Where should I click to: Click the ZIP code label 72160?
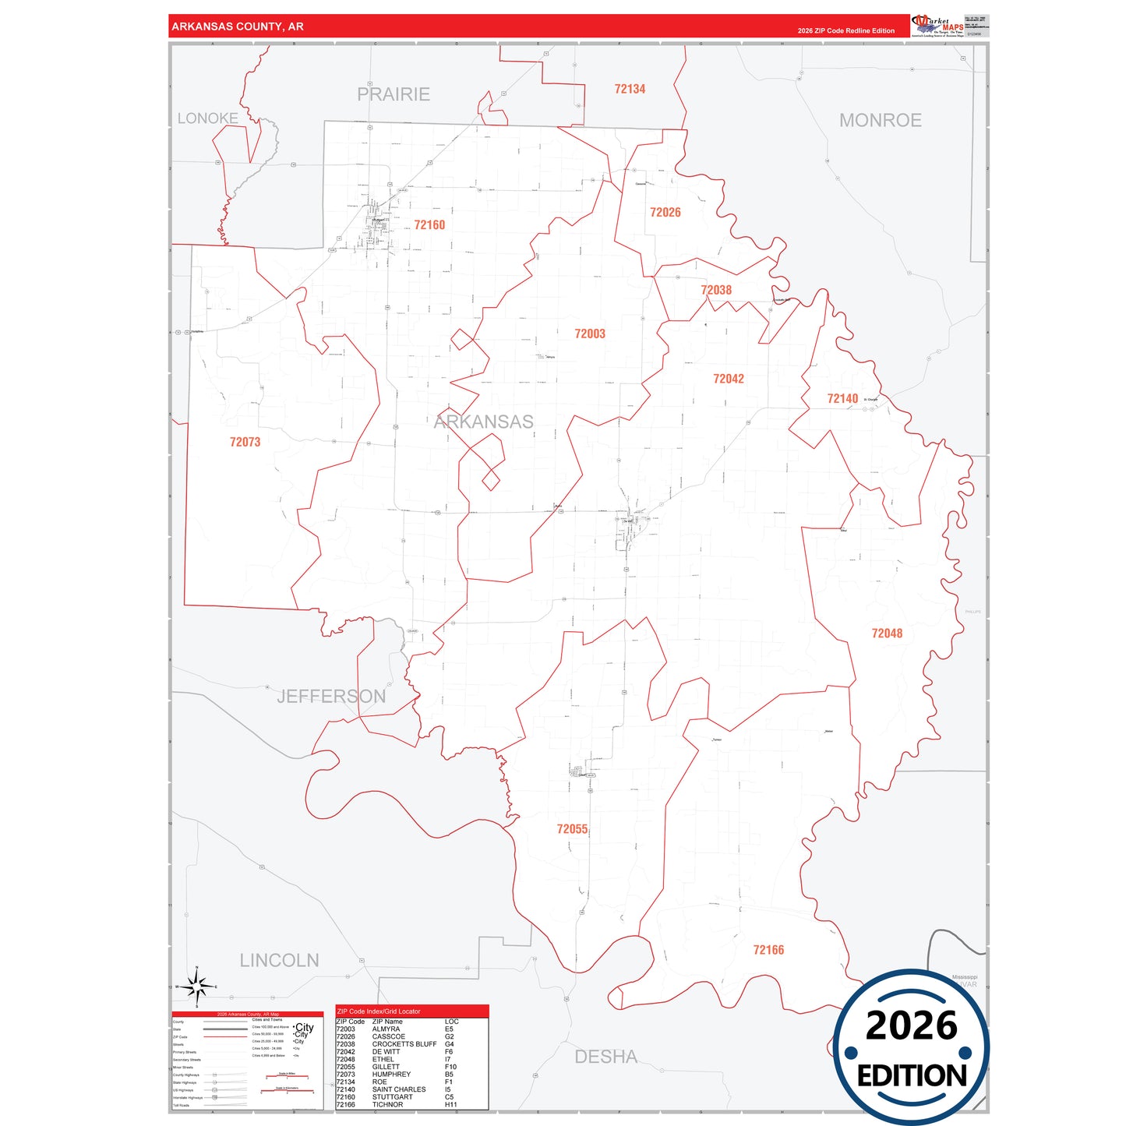pyautogui.click(x=429, y=225)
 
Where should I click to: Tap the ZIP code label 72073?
pyautogui.click(x=245, y=442)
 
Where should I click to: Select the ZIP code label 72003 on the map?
pyautogui.click(x=590, y=334)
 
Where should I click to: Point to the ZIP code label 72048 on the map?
pyautogui.click(x=887, y=634)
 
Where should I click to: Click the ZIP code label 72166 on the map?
pyautogui.click(x=768, y=950)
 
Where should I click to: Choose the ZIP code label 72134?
pyautogui.click(x=630, y=89)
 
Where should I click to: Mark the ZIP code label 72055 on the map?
pyautogui.click(x=572, y=829)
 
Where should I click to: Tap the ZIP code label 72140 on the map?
pyautogui.click(x=842, y=398)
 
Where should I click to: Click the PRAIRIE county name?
pyautogui.click(x=394, y=94)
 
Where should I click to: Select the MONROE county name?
pyautogui.click(x=880, y=120)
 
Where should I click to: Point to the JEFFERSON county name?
pyautogui.click(x=331, y=696)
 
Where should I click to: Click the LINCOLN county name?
pyautogui.click(x=279, y=960)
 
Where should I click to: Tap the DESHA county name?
pyautogui.click(x=605, y=1057)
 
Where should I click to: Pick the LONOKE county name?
pyautogui.click(x=207, y=118)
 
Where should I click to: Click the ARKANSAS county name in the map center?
pyautogui.click(x=483, y=422)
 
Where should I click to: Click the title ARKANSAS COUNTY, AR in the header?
pyautogui.click(x=238, y=26)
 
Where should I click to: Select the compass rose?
pyautogui.click(x=197, y=987)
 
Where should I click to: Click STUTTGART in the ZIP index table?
pyautogui.click(x=393, y=1097)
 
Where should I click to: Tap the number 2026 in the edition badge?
pyautogui.click(x=911, y=1025)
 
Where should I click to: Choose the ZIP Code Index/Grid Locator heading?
pyautogui.click(x=379, y=1011)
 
